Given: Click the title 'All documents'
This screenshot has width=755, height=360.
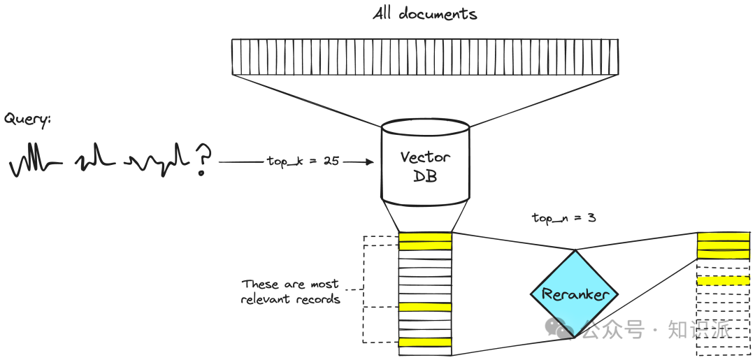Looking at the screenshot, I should click(x=424, y=14).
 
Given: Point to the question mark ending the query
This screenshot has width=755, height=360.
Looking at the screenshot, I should click(x=203, y=160).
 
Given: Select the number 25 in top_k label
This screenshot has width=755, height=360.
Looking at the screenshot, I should click(x=331, y=161).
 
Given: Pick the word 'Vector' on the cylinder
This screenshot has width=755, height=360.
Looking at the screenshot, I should click(x=425, y=157).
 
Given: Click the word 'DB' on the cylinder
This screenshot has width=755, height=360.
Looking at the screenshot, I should click(x=425, y=176).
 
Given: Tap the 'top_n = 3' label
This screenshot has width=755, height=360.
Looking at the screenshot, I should click(x=563, y=218).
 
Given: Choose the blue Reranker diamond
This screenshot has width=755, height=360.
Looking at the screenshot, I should click(x=575, y=294).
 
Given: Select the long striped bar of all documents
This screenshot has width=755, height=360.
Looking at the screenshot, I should click(x=424, y=57).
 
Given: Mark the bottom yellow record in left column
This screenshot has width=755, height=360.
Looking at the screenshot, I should click(x=425, y=343).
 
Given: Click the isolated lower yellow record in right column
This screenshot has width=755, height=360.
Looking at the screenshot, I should click(x=723, y=280).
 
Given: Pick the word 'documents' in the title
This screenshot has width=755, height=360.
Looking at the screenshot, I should click(x=438, y=14).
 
